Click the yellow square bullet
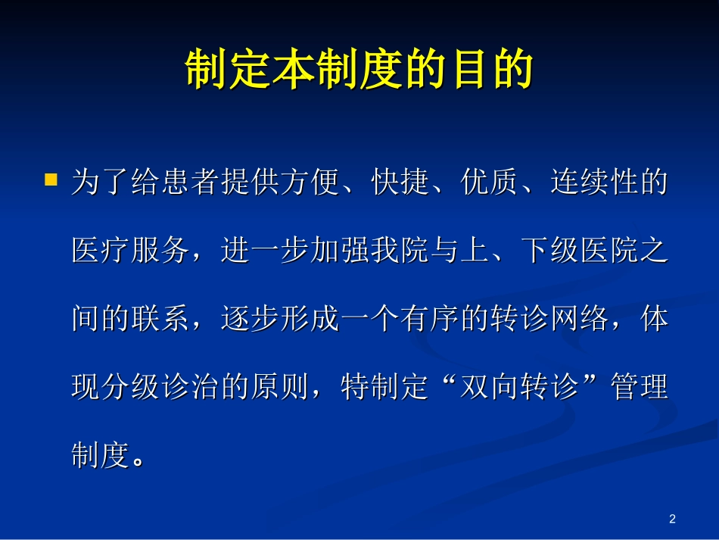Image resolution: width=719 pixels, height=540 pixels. click(51, 180)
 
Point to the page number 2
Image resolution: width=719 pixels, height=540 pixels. click(672, 519)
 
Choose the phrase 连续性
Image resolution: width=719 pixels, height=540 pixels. click(593, 183)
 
